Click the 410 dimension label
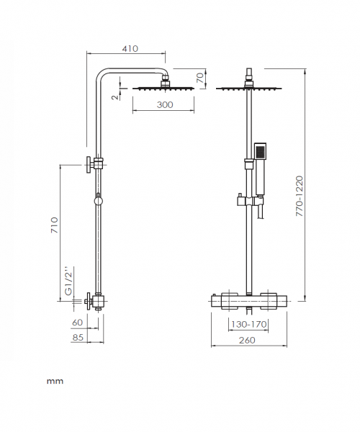pos(130,48)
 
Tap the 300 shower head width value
pos(165,104)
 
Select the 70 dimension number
pos(201,78)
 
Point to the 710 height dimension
pos(55,225)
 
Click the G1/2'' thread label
pos(68,281)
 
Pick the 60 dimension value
pos(77,323)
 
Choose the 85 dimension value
pos(77,337)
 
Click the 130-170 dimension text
pos(248,324)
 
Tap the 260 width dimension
pos(247,341)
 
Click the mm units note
pos(55,382)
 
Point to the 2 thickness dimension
pos(116,96)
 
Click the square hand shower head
pos(260,151)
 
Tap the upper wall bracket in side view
pos(94,164)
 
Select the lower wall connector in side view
pos(95,302)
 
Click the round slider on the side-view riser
pos(98,201)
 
